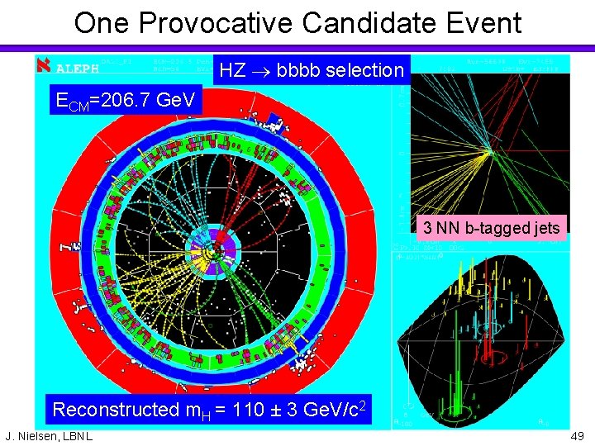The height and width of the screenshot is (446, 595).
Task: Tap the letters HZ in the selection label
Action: (232, 71)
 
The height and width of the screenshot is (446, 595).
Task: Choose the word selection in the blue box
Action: (364, 71)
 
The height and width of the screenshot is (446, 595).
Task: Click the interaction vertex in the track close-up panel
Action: (489, 151)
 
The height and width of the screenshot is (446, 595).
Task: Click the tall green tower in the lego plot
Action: (458, 330)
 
